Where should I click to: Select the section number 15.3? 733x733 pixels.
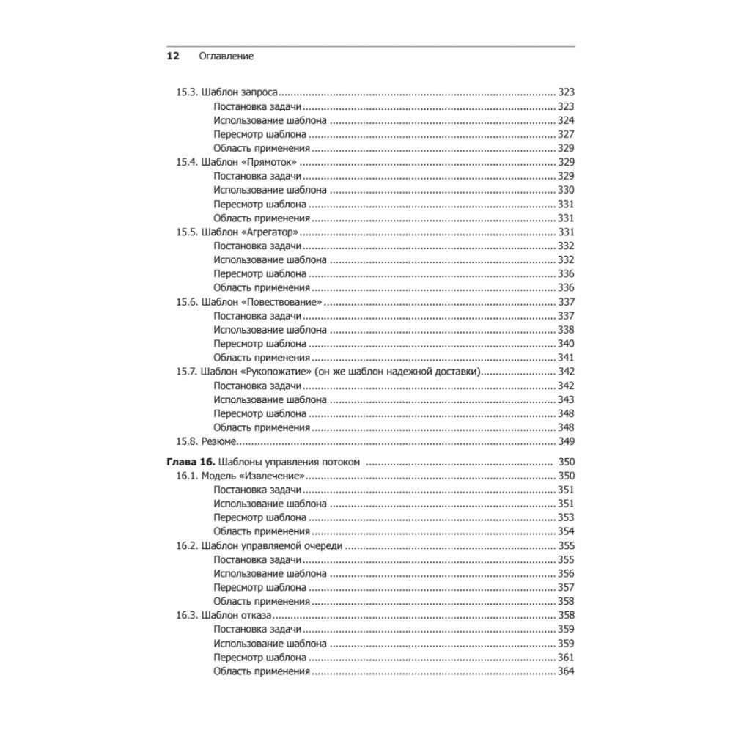click(185, 93)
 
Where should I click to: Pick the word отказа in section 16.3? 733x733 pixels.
click(257, 616)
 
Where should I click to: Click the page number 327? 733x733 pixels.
click(565, 135)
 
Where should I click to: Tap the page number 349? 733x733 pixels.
click(565, 441)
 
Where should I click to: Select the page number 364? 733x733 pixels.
click(565, 671)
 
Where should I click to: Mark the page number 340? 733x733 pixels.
click(565, 344)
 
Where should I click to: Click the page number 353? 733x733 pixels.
click(565, 517)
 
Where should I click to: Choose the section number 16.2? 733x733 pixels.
click(185, 546)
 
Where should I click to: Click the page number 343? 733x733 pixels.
click(565, 399)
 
